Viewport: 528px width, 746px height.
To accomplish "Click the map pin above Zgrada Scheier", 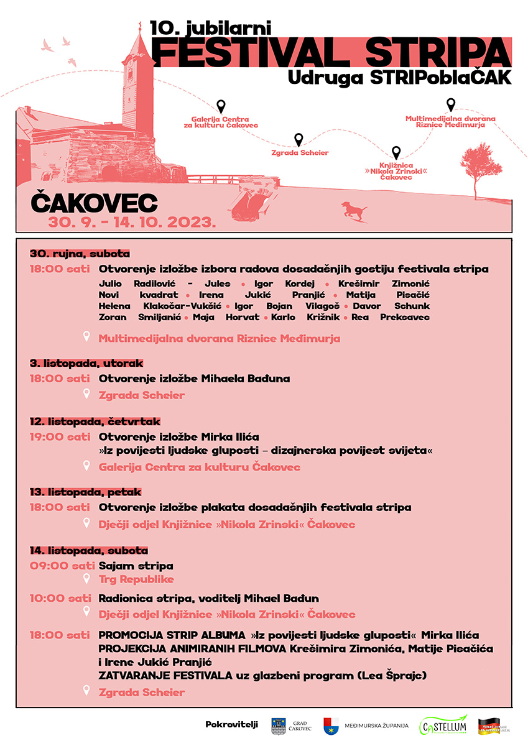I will coord(299,139).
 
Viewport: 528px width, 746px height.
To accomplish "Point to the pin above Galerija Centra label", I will coord(221,106).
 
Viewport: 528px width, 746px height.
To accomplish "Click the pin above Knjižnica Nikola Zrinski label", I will coord(396,152).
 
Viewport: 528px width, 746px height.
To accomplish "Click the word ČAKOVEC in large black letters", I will coord(94,203).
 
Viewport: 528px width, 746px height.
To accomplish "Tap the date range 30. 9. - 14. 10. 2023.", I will coord(132,221).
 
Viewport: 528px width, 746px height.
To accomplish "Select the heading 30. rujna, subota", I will coord(80,254).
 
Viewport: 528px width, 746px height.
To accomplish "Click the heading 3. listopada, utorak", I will coord(86,363).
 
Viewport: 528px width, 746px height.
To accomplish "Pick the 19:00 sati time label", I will coord(60,437).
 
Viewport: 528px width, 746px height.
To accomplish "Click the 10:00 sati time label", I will coord(60,599).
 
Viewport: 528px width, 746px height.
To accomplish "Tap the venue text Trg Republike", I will coord(136,579).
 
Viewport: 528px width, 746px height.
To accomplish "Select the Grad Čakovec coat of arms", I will coord(279,725).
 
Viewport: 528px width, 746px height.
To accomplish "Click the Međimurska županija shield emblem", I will coord(331,725).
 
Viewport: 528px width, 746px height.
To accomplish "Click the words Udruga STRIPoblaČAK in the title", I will coord(400,77).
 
